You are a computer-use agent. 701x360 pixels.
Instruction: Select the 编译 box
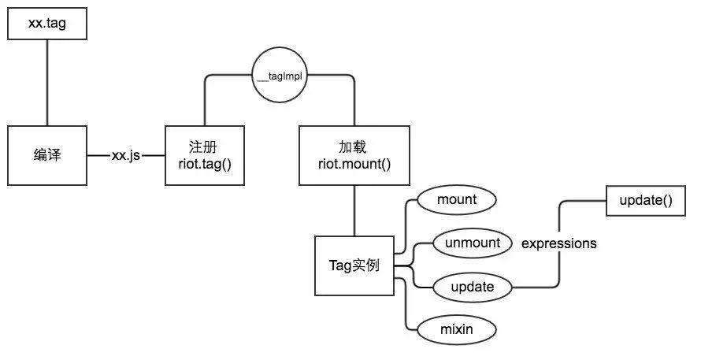point(46,155)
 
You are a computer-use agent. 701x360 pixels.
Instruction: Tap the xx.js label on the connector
point(125,156)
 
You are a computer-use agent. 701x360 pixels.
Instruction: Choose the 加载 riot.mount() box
point(354,155)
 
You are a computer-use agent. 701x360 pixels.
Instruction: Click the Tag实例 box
point(354,265)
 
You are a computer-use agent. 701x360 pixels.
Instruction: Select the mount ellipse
point(456,199)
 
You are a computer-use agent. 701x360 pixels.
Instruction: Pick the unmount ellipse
point(472,243)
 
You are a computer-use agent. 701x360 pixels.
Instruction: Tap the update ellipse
point(472,287)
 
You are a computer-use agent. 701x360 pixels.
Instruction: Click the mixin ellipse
point(456,329)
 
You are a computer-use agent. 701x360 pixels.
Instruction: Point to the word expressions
point(559,243)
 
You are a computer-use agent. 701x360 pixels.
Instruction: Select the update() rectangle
point(646,200)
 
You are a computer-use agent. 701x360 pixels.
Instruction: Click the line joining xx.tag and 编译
point(46,79)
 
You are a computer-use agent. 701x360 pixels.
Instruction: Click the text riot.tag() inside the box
point(204,164)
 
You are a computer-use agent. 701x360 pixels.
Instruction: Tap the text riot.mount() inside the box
point(354,164)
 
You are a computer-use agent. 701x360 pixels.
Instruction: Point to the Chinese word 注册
point(204,147)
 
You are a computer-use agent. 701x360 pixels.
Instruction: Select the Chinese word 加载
point(354,147)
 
